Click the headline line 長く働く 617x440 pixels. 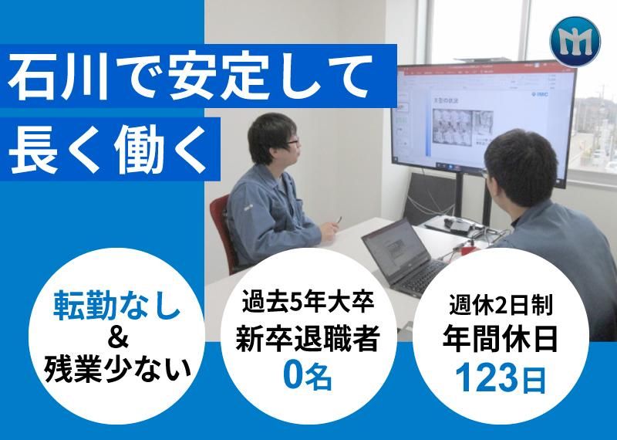pyautogui.click(x=108, y=144)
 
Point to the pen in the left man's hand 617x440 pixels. pyautogui.click(x=338, y=225)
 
